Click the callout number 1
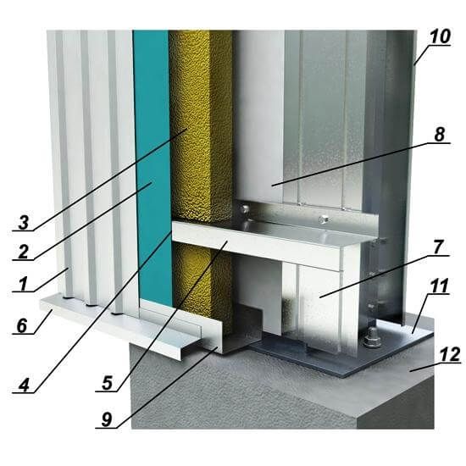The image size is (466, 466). pos(23,283)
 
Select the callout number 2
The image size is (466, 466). pos(23,252)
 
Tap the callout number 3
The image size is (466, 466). pos(24,223)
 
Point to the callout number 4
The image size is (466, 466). pos(24,386)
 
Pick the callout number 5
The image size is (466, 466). pos(107,383)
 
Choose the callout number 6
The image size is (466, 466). pos(22,326)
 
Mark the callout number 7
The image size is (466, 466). pos(438,247)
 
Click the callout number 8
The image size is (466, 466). pos(440,135)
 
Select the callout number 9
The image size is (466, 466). pos(107,419)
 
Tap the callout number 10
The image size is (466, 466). pos(440,36)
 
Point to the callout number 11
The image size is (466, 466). pos(440,286)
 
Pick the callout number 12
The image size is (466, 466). pos(450,354)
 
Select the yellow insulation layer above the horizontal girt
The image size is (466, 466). pos(200,125)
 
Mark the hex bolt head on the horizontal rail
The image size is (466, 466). pos(324,220)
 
